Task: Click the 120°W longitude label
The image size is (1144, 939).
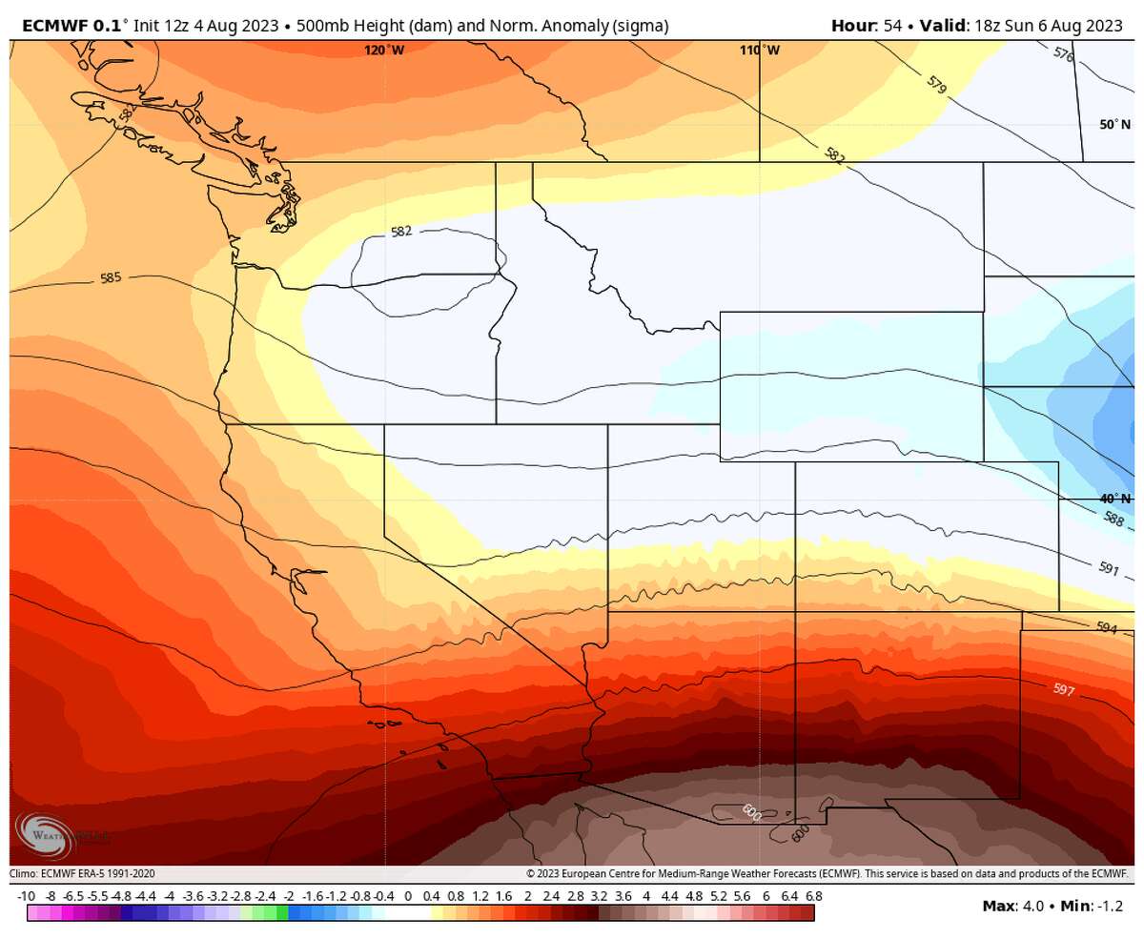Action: tap(383, 51)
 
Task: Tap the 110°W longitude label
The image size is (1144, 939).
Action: tap(759, 51)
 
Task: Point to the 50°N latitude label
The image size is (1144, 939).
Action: tap(1113, 125)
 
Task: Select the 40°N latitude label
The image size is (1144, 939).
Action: tap(1113, 498)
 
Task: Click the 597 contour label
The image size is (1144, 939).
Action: tap(1064, 689)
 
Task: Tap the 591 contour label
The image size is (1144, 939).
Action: tap(1108, 568)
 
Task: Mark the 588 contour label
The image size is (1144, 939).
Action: tap(1113, 519)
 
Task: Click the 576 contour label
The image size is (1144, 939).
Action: tap(1064, 55)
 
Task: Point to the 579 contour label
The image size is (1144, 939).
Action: tap(936, 86)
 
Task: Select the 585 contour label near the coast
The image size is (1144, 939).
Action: tap(111, 279)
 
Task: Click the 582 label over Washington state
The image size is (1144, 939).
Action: tap(401, 232)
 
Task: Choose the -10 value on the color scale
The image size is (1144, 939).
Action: tap(26, 896)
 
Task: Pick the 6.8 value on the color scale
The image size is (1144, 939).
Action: tap(813, 896)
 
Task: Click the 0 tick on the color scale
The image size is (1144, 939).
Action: tap(408, 896)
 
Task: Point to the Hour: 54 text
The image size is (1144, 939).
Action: tap(867, 26)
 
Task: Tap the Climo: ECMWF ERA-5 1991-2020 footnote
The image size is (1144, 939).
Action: tap(82, 873)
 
